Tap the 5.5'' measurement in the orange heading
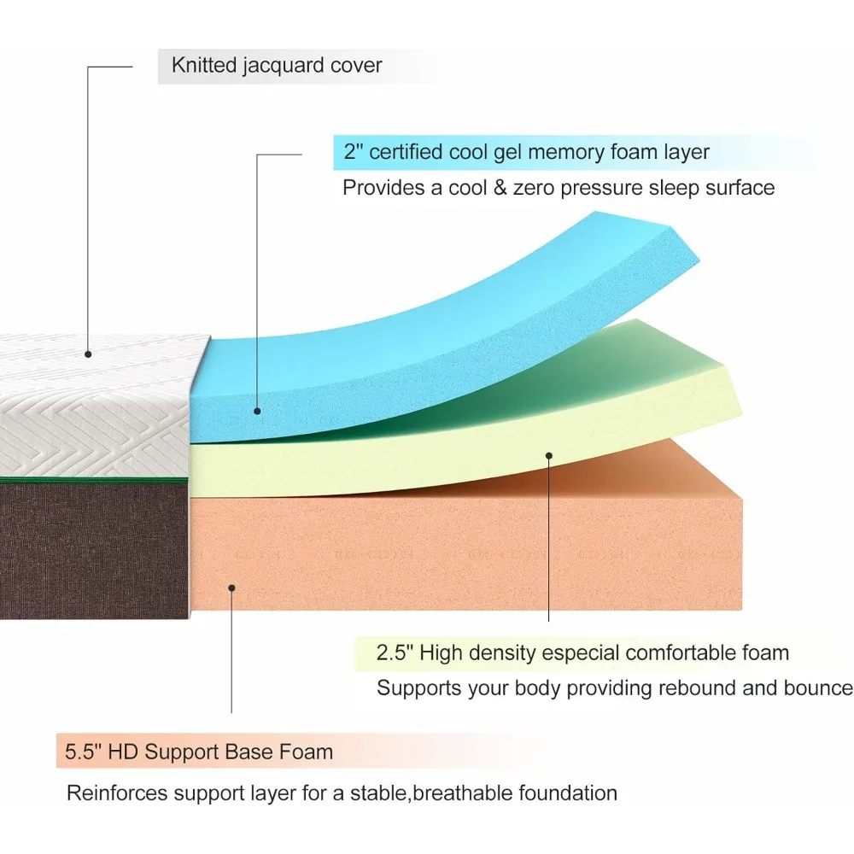point(85,752)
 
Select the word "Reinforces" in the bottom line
point(117,793)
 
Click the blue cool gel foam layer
point(444,342)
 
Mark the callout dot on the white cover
point(88,352)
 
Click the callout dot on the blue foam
point(257,411)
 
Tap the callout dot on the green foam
point(548,455)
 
